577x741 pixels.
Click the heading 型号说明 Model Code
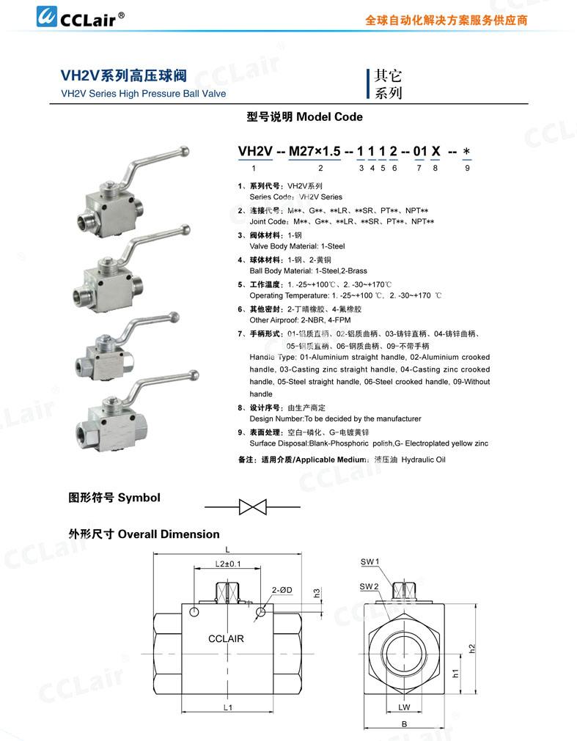tap(304, 117)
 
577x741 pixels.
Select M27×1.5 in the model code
tap(315, 151)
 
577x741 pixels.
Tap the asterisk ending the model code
tap(467, 152)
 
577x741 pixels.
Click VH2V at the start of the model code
tap(255, 151)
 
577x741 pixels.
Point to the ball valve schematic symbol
tap(252, 506)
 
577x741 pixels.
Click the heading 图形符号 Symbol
tap(114, 498)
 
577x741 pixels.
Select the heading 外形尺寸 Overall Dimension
tap(144, 534)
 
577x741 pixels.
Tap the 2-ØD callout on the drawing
tap(282, 590)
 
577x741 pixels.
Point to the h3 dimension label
tap(317, 592)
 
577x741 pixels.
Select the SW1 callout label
tap(370, 562)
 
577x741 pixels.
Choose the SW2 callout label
tap(370, 587)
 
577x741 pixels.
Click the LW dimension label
tap(404, 707)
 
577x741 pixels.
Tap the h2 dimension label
tap(472, 649)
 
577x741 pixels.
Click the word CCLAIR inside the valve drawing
tap(226, 639)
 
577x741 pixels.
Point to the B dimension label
tap(404, 724)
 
